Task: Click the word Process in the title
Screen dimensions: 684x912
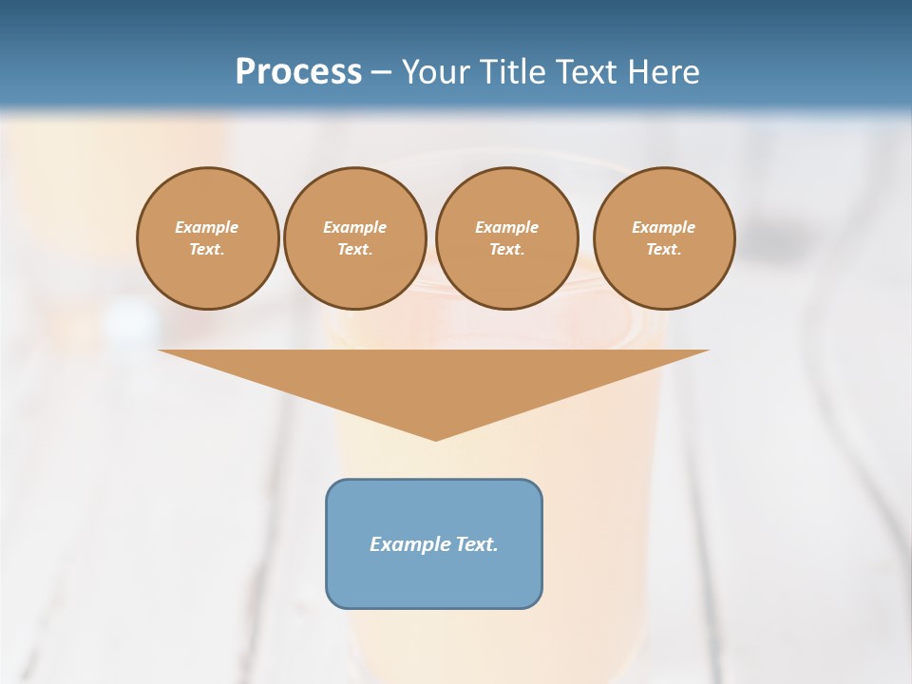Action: tap(298, 72)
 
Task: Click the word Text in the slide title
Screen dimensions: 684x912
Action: tap(594, 72)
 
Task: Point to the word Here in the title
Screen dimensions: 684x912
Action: tap(667, 72)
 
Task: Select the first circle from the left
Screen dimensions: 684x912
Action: tap(208, 238)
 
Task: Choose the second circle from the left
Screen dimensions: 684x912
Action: tap(355, 238)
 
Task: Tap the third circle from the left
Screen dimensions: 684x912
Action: tap(507, 238)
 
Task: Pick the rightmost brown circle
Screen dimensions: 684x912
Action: tap(664, 238)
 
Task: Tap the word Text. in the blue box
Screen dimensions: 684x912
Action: tap(476, 544)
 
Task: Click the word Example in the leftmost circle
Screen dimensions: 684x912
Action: tap(207, 228)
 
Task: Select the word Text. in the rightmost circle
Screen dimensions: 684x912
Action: tap(664, 250)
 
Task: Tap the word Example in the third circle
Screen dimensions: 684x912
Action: tap(507, 228)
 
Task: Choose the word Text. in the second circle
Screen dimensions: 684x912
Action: tap(355, 250)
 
